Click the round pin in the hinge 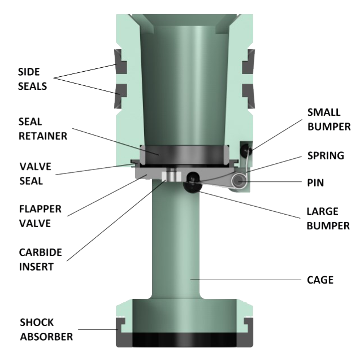(241, 180)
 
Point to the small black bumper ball (244, 149)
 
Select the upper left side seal (122, 59)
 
